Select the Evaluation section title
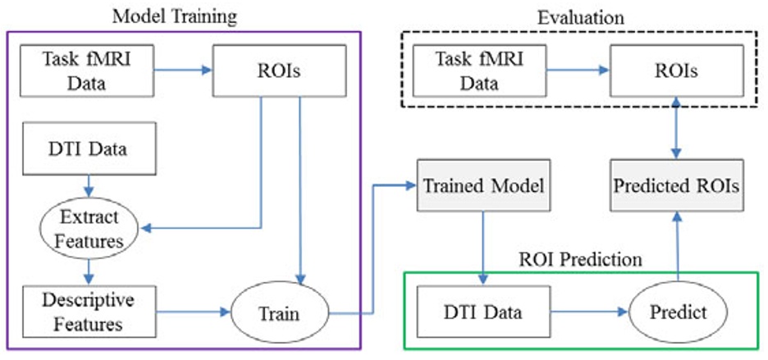pos(581,16)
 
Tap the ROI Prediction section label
pos(582,260)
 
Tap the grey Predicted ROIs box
pos(675,186)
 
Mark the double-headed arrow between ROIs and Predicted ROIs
pos(675,128)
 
